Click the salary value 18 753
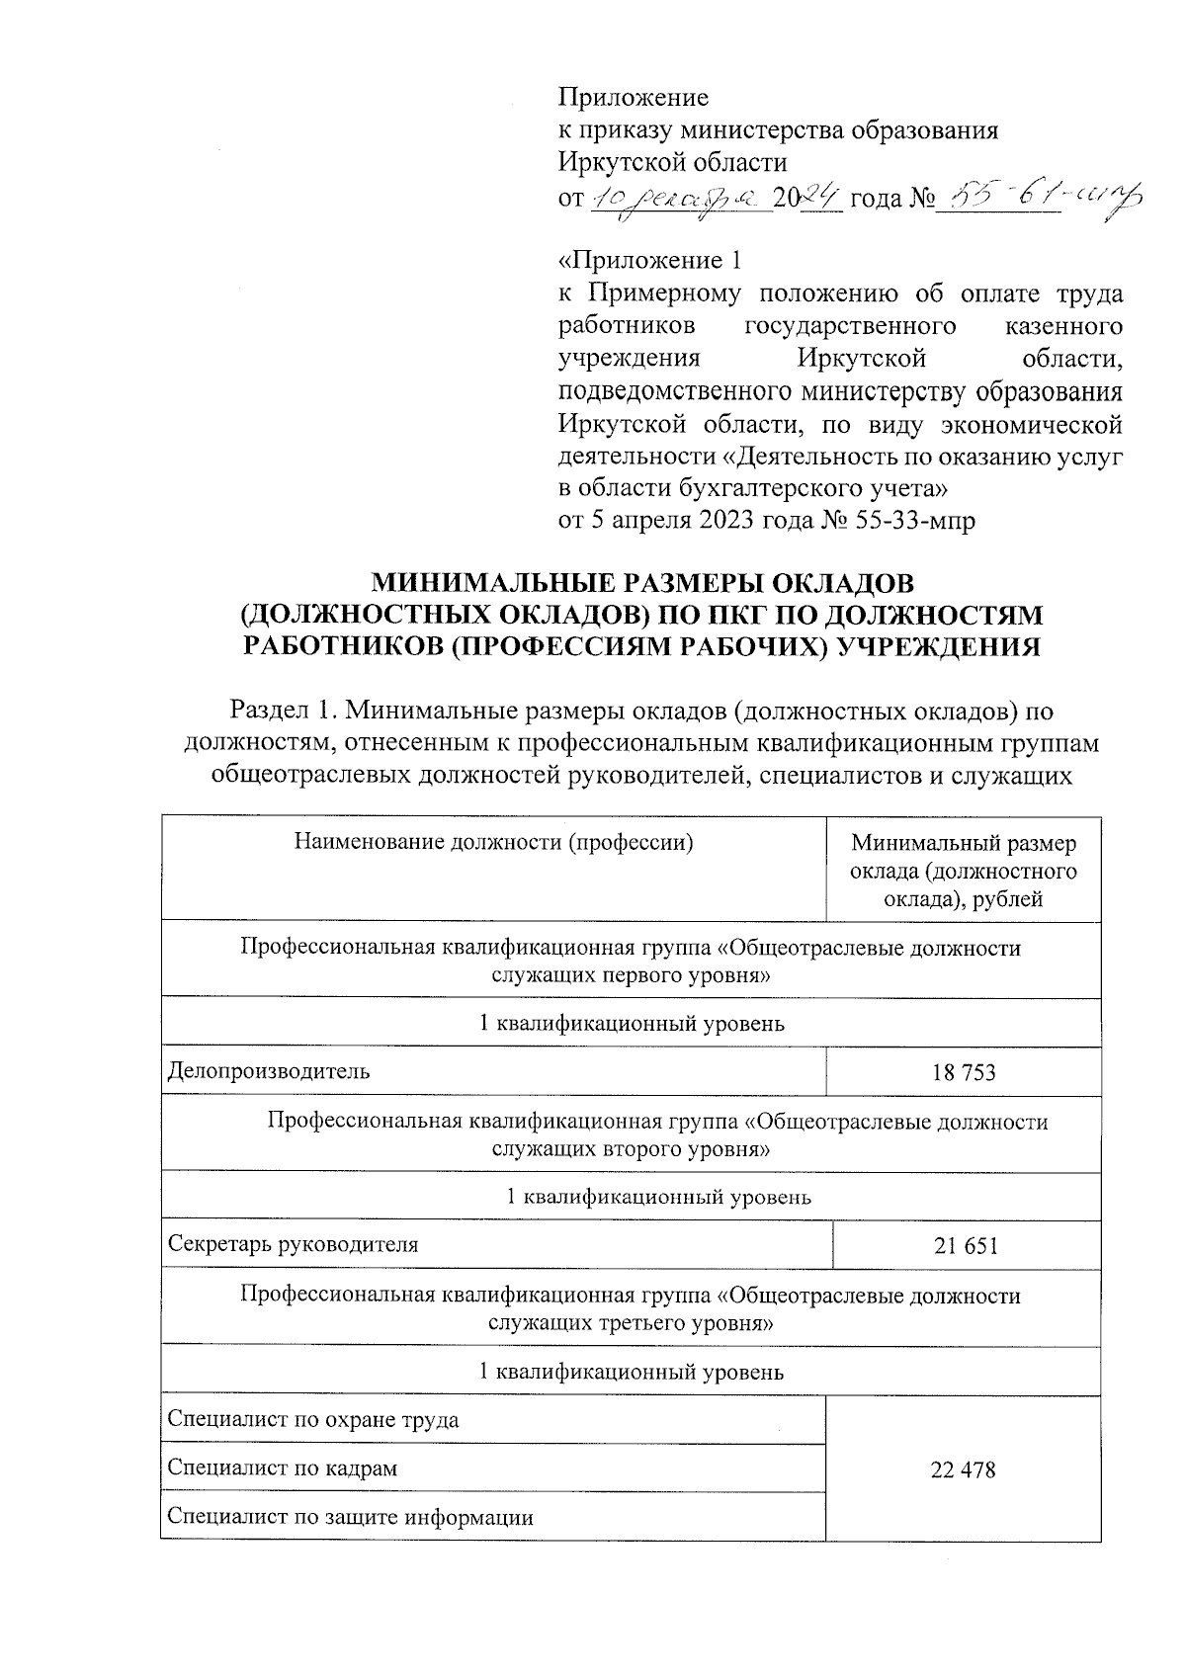click(963, 1072)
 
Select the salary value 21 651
click(966, 1246)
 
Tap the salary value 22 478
click(963, 1469)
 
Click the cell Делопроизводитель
click(269, 1071)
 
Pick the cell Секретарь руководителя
click(293, 1245)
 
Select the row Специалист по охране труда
click(312, 1420)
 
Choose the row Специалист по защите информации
click(350, 1517)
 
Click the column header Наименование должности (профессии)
click(493, 843)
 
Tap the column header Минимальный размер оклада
click(963, 871)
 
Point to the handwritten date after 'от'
click(680, 200)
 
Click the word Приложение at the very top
click(634, 97)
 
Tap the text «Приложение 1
click(649, 261)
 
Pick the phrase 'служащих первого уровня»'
click(631, 976)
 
